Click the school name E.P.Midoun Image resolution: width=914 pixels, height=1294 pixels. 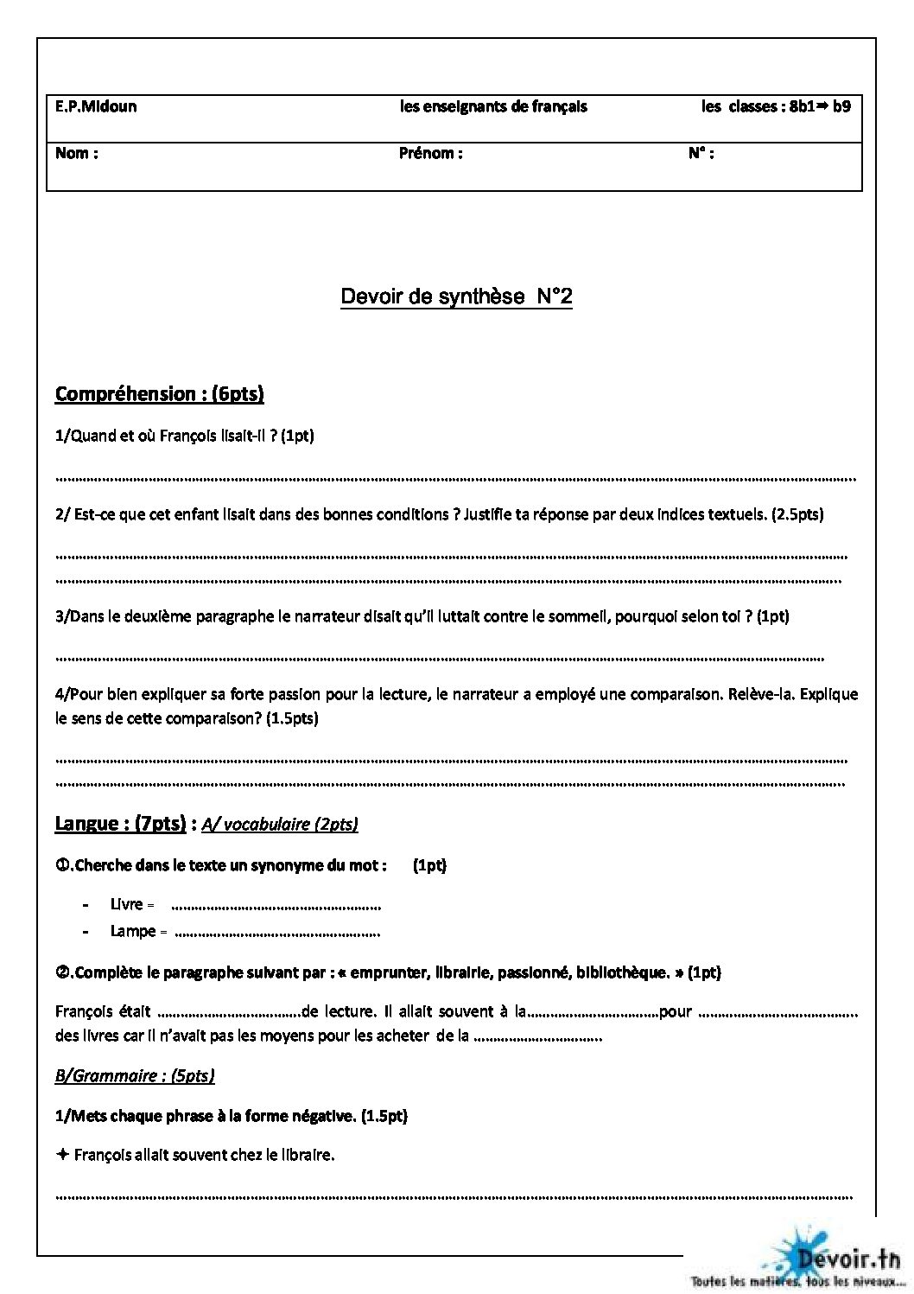click(96, 107)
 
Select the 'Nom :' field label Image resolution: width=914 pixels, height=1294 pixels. click(76, 154)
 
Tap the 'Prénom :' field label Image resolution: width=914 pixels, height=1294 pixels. click(430, 154)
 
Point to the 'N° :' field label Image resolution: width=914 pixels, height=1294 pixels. click(701, 154)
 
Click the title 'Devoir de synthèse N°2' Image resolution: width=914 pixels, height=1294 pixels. click(456, 297)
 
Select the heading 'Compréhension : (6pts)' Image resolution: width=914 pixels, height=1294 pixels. click(159, 394)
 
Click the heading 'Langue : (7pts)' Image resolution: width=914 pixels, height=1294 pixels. click(120, 824)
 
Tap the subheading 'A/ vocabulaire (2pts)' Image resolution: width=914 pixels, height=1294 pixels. click(279, 825)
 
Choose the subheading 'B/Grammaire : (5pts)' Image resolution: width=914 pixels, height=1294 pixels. click(135, 1075)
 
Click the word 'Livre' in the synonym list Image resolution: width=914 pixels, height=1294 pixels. click(126, 905)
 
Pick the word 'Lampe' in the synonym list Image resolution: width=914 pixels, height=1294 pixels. click(133, 932)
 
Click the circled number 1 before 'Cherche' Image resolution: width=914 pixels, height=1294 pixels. click(61, 865)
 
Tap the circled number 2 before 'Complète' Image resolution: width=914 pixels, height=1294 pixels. click(61, 972)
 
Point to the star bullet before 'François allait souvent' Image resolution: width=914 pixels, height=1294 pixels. click(62, 1155)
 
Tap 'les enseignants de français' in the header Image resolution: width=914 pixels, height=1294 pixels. click(493, 107)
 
